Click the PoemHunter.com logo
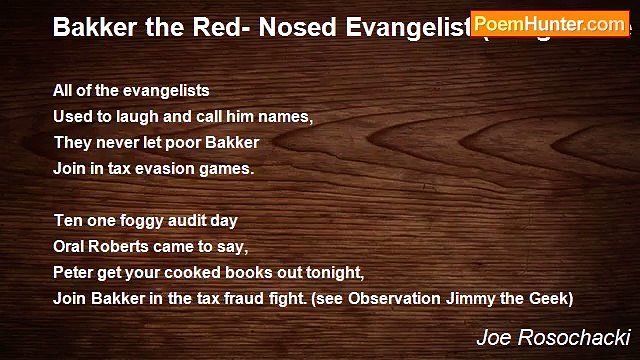click(550, 23)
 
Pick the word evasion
click(166, 169)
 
